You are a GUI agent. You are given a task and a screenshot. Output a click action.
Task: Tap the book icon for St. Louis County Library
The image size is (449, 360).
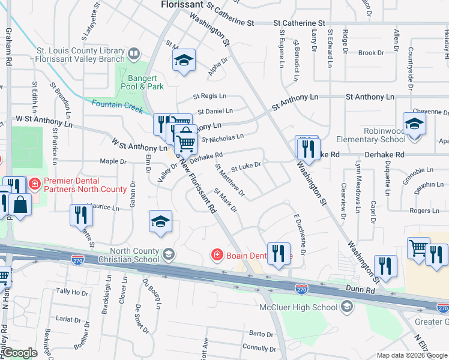click(134, 55)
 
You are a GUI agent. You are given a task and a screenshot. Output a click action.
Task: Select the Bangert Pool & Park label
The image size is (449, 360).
click(146, 82)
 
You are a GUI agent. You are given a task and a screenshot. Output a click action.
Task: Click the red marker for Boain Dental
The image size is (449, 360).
click(217, 256)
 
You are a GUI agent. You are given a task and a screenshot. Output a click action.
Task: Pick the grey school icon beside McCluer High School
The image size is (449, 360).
click(346, 307)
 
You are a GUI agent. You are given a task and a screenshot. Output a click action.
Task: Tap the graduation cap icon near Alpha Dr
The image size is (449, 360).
click(184, 59)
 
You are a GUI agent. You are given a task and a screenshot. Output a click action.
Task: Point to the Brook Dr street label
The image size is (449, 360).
click(371, 53)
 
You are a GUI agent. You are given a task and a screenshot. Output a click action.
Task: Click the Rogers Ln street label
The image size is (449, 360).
click(424, 211)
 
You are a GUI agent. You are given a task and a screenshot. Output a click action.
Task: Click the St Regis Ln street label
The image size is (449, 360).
click(209, 96)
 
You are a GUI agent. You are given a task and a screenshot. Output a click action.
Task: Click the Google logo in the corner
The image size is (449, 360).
click(20, 352)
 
